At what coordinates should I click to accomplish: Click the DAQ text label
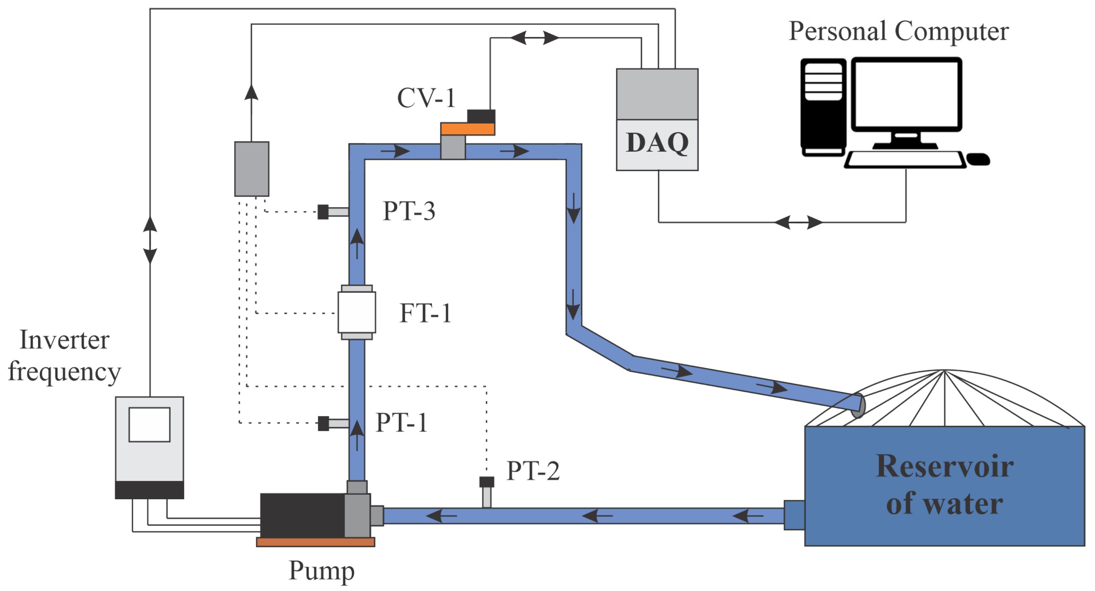pos(657,143)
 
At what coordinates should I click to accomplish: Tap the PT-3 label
pos(409,211)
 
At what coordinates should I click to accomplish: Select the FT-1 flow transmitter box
pos(357,312)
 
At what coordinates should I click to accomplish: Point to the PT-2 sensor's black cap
pos(487,482)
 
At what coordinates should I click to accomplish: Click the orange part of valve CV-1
pos(467,129)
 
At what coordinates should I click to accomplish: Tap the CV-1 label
pos(426,98)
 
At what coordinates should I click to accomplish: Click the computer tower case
pos(823,107)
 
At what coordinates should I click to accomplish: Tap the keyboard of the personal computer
pos(905,160)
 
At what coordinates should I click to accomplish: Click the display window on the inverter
pos(149,424)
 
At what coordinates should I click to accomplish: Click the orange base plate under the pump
pos(315,542)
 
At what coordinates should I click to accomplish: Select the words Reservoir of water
pos(945,484)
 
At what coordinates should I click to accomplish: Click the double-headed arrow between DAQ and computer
pos(798,222)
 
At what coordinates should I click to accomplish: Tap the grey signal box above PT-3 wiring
pos(252,169)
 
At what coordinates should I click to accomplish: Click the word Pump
pos(321,571)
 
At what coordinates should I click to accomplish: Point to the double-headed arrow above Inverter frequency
pos(150,240)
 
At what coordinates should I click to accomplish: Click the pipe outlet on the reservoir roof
pos(858,406)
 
